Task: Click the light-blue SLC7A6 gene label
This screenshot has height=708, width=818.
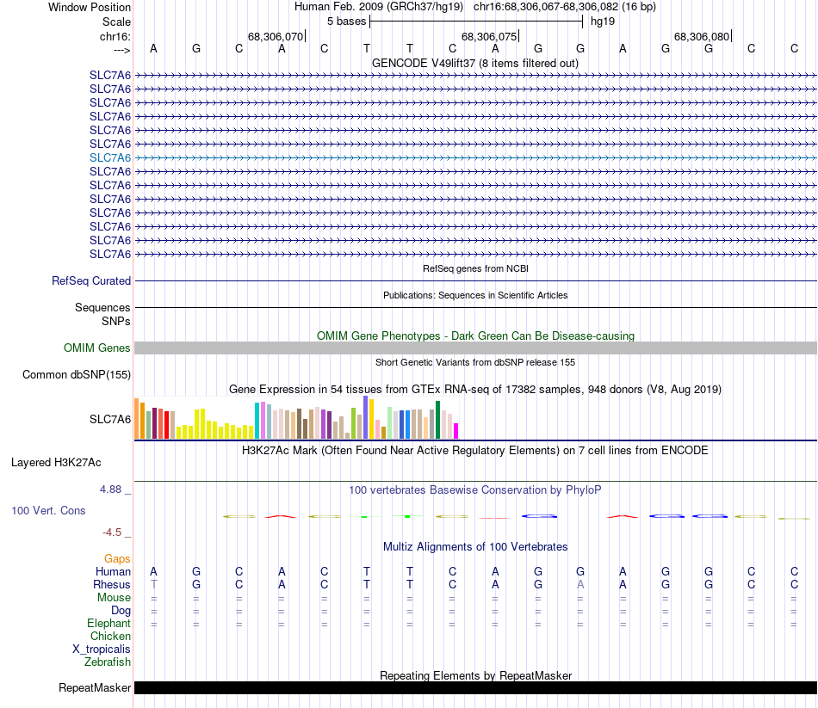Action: (110, 157)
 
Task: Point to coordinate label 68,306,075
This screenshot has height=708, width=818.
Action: (489, 36)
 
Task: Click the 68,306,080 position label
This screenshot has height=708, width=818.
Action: (702, 36)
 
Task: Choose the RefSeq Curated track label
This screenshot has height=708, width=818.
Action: (91, 280)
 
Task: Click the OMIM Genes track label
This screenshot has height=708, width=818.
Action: (97, 348)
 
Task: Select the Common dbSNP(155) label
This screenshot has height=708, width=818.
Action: (77, 374)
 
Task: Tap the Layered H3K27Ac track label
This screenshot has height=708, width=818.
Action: (56, 462)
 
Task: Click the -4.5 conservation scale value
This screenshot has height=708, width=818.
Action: (117, 532)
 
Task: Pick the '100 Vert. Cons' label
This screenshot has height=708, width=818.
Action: (48, 510)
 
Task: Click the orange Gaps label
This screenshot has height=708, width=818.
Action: (117, 558)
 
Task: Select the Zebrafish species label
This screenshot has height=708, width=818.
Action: (108, 662)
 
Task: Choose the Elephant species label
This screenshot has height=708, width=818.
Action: (108, 623)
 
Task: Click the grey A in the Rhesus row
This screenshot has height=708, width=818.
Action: (580, 584)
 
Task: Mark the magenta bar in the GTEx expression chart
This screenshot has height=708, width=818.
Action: (456, 430)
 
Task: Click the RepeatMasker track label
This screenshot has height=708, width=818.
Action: (95, 687)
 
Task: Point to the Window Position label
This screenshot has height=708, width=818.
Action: (90, 7)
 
